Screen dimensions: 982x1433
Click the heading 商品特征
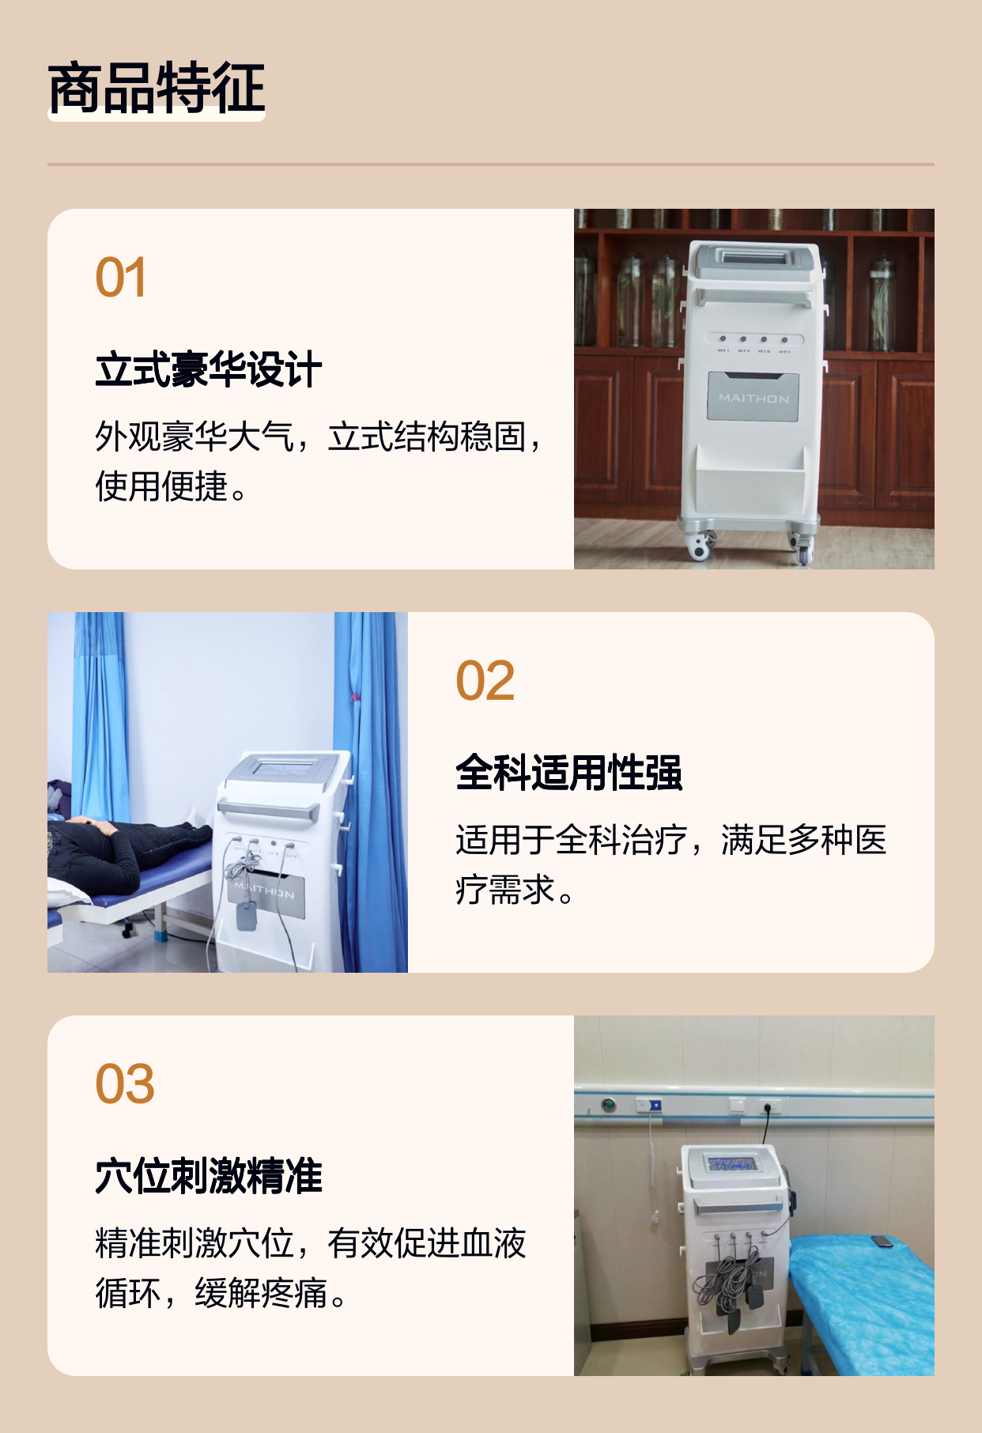[x=157, y=88]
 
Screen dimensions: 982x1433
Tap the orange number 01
[x=121, y=278]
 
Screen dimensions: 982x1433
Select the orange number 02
[x=485, y=681]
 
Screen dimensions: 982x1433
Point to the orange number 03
[x=125, y=1084]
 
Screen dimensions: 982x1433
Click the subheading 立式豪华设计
[x=209, y=370]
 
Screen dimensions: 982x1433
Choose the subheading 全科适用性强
[x=568, y=773]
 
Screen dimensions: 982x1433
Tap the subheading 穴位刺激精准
[x=209, y=1176]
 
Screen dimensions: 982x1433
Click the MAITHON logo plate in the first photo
[x=753, y=398]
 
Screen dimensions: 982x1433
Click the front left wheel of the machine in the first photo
[x=698, y=546]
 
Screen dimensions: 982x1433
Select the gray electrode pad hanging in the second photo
[x=247, y=914]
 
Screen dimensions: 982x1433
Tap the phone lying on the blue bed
[x=882, y=1241]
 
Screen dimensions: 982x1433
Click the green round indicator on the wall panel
[x=609, y=1105]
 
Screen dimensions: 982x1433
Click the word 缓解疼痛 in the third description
[x=261, y=1293]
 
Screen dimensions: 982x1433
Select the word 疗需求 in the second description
[x=505, y=890]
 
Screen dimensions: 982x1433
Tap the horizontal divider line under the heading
[x=491, y=164]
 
